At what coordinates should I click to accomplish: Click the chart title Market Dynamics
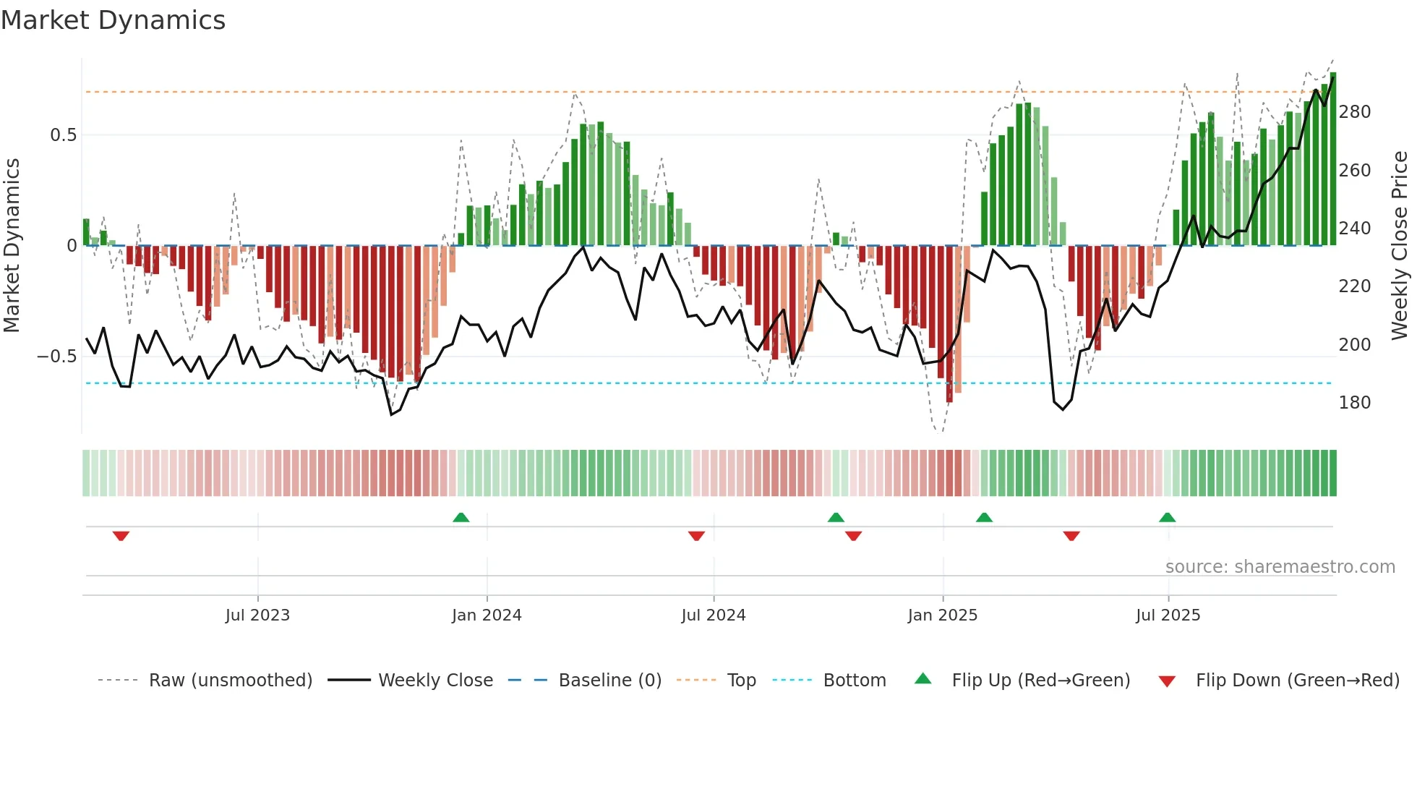point(113,20)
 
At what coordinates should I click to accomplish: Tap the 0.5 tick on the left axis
point(63,135)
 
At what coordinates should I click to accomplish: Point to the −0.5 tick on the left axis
point(56,357)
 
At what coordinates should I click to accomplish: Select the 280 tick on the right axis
point(1354,112)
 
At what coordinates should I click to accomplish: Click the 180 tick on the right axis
point(1354,403)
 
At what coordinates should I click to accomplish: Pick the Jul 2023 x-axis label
point(257,615)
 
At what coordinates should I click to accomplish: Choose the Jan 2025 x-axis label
point(942,615)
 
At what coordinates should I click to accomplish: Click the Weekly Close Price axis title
point(1400,246)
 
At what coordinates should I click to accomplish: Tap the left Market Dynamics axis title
point(12,246)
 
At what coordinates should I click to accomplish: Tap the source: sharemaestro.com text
point(1280,567)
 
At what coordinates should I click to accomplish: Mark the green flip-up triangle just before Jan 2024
point(461,517)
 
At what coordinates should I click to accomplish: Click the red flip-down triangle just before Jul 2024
point(696,536)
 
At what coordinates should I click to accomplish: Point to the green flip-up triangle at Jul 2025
point(1167,517)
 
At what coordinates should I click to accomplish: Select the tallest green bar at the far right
point(1333,159)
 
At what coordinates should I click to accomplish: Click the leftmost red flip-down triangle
point(121,536)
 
